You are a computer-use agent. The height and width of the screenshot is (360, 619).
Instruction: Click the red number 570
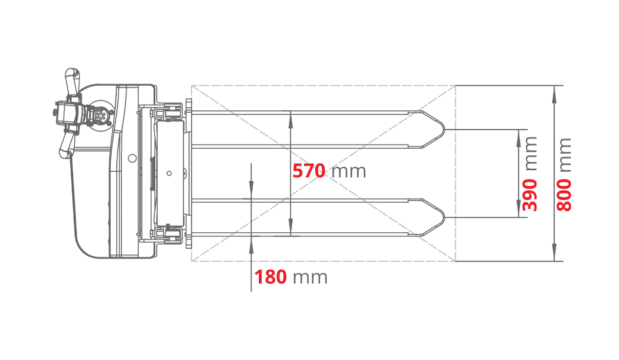(x=308, y=171)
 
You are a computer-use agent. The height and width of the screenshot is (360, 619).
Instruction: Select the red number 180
(x=270, y=277)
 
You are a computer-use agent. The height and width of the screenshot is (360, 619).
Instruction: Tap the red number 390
(x=530, y=195)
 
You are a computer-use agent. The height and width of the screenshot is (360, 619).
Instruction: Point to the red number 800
(x=564, y=195)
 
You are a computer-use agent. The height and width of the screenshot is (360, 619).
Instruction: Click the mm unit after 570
(x=349, y=172)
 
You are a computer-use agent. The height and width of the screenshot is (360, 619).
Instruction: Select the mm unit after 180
(x=310, y=278)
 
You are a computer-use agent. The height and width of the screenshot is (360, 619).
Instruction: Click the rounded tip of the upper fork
(x=444, y=129)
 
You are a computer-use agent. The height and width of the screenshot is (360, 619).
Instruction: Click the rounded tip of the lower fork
(x=444, y=217)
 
